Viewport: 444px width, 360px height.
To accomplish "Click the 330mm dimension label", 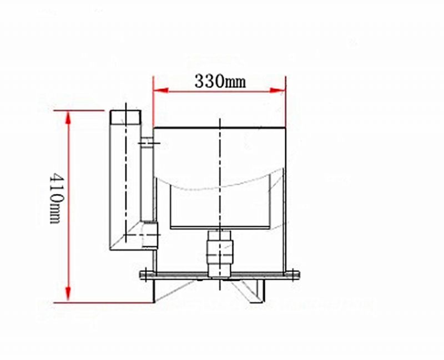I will (x=220, y=81).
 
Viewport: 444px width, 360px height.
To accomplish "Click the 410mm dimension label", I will (x=56, y=199).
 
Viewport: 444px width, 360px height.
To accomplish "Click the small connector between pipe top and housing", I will (x=147, y=143).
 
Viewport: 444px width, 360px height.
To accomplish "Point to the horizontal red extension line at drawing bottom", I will (x=111, y=303).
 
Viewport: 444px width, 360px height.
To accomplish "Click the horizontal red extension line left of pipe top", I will (x=83, y=110).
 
